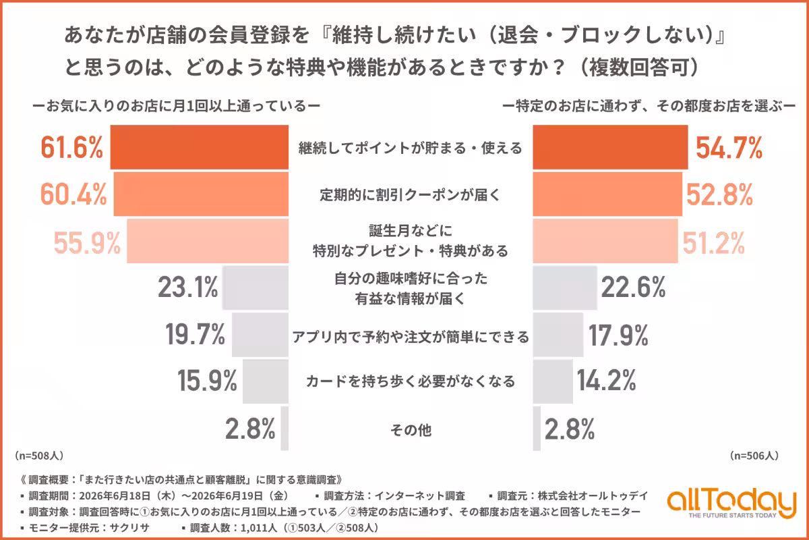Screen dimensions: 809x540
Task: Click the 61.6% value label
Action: [x=71, y=147]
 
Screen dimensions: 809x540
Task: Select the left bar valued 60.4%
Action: [x=201, y=194]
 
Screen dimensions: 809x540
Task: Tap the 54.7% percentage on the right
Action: [x=729, y=148]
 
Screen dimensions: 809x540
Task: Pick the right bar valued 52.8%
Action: [x=607, y=194]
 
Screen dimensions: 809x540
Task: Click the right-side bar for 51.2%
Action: [x=605, y=241]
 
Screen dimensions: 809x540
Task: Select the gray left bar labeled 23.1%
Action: [x=256, y=288]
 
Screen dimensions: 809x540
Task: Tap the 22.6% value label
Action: [x=633, y=288]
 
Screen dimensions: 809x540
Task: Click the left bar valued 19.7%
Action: [x=260, y=335]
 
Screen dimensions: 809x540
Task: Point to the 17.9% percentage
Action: [x=618, y=335]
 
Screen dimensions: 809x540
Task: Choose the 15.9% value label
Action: [x=207, y=381]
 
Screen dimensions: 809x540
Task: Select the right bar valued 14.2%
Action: [x=553, y=381]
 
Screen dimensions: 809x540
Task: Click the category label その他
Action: [x=411, y=430]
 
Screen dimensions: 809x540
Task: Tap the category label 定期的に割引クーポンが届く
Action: [x=410, y=194]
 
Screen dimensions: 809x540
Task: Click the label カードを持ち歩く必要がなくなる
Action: [x=411, y=381]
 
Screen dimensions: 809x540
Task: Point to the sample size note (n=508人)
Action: [x=39, y=456]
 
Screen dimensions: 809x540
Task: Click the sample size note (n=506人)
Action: [x=754, y=456]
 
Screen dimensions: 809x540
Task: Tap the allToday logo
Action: [x=731, y=504]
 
